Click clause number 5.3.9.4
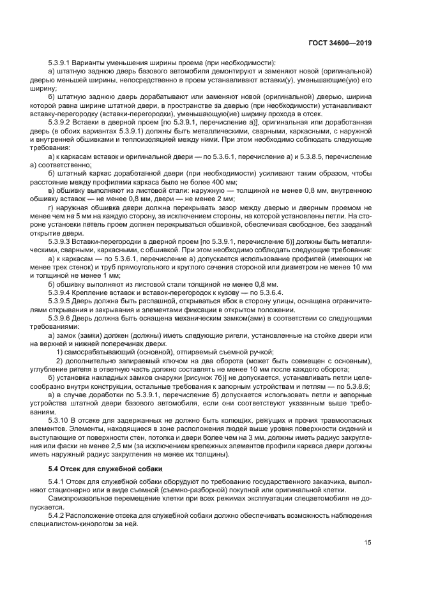click(62, 292)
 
